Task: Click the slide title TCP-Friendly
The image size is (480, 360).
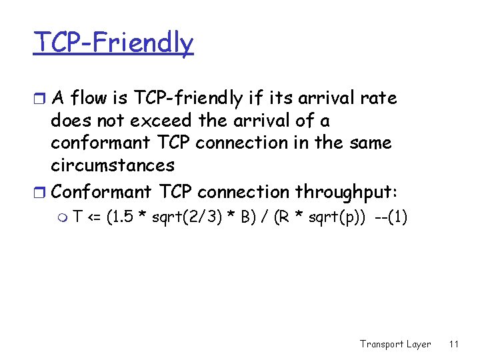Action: click(x=114, y=44)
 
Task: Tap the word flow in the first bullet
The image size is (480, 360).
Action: click(x=87, y=99)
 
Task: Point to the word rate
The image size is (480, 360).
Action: click(x=381, y=99)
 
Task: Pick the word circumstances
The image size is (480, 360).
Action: click(x=113, y=165)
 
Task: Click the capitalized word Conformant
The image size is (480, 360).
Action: click(x=102, y=192)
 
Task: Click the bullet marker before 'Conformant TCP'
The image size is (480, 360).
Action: click(x=41, y=193)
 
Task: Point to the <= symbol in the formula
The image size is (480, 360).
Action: click(x=97, y=217)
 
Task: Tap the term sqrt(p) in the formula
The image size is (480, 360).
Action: click(x=333, y=217)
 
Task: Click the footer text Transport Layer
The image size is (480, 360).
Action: click(x=395, y=344)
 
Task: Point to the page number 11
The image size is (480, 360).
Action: click(x=454, y=344)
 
